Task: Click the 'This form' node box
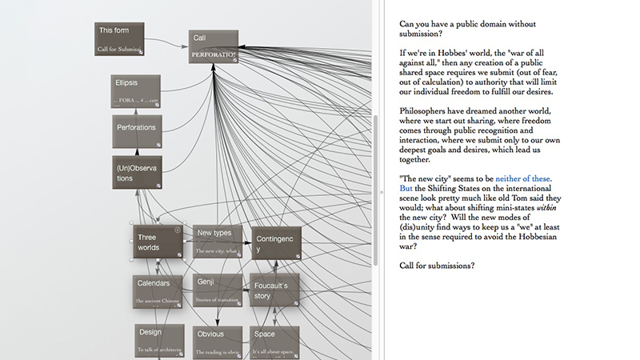click(x=119, y=39)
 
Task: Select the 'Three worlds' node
click(x=158, y=242)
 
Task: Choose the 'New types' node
click(x=217, y=241)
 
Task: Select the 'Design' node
click(x=158, y=339)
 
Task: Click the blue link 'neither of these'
click(x=529, y=178)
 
